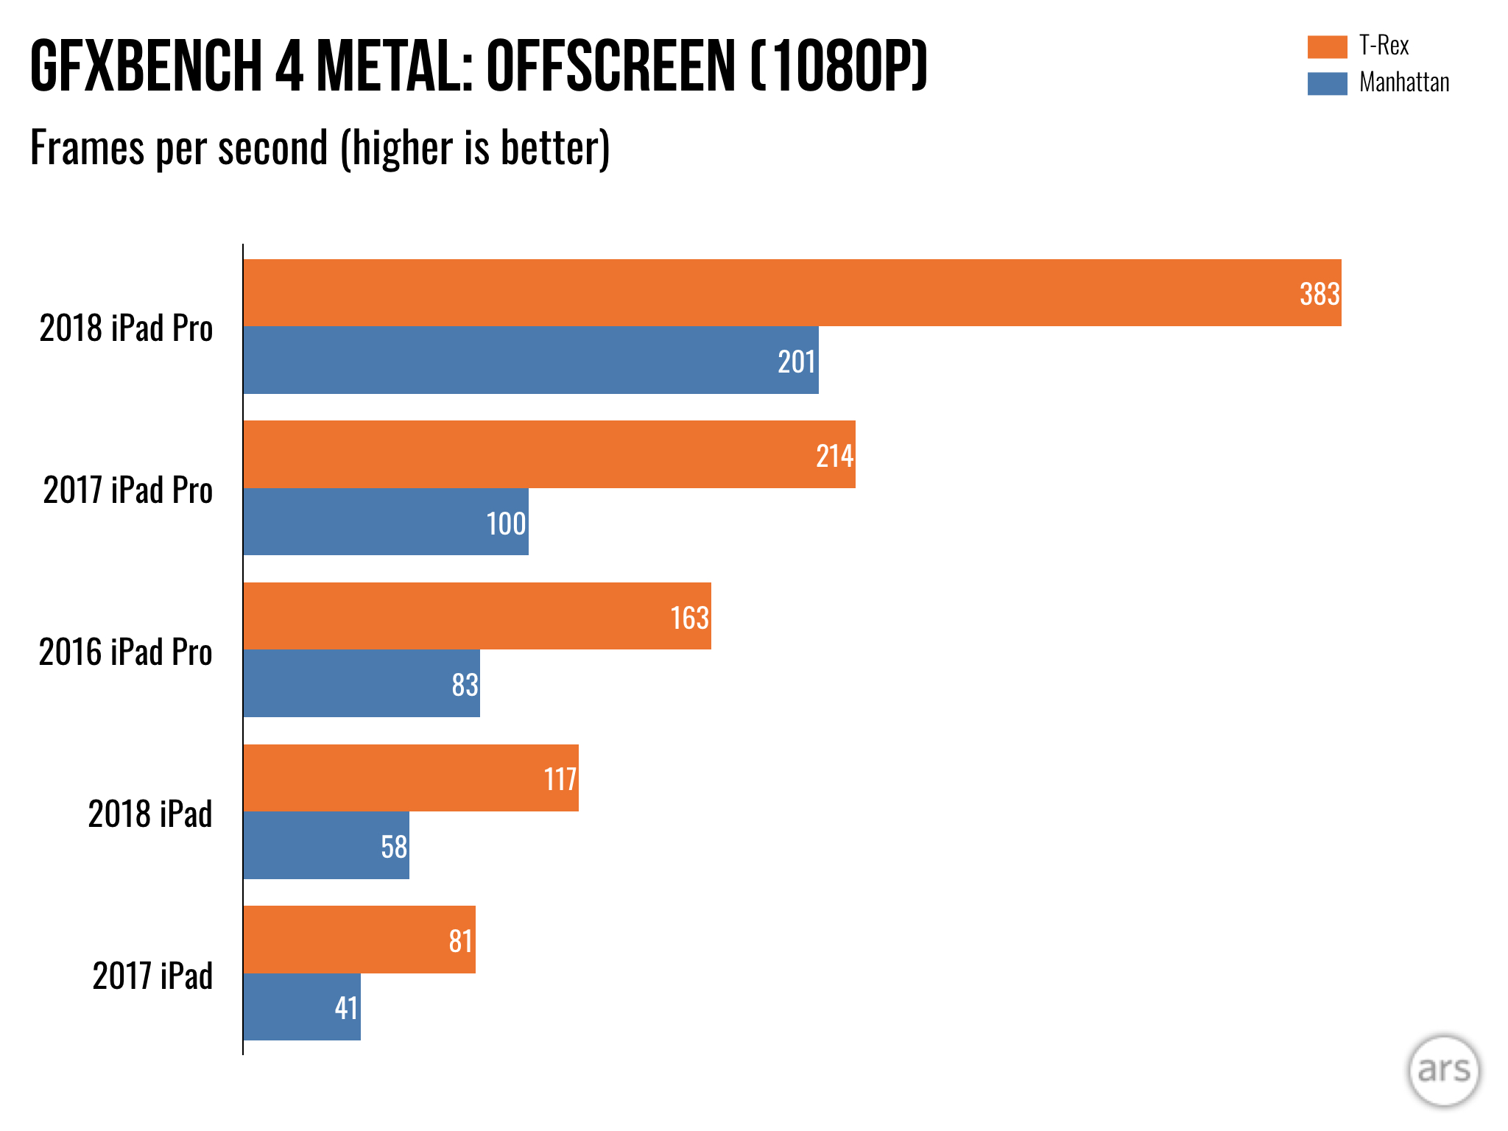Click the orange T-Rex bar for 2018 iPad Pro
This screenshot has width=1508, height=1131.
792,292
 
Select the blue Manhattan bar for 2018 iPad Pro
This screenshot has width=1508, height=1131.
530,360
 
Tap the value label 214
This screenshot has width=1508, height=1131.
834,457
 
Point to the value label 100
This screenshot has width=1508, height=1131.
506,524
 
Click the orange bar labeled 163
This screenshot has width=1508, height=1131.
477,616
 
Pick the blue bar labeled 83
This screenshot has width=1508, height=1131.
361,683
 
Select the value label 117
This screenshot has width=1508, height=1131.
560,779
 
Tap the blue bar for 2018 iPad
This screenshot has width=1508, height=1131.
325,845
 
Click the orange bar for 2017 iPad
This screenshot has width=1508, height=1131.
359,940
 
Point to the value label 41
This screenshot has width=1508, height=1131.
346,1008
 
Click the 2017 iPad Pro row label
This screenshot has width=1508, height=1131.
127,490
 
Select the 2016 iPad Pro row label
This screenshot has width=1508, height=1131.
125,652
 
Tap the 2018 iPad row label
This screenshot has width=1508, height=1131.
150,814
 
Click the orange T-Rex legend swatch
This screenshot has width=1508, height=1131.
1327,46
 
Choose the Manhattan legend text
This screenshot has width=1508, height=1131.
1403,82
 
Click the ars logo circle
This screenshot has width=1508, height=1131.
1443,1070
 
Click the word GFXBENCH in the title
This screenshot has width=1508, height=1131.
146,66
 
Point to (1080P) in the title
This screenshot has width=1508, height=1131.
839,66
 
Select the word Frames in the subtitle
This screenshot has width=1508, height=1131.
87,148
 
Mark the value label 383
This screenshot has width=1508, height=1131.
1319,295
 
